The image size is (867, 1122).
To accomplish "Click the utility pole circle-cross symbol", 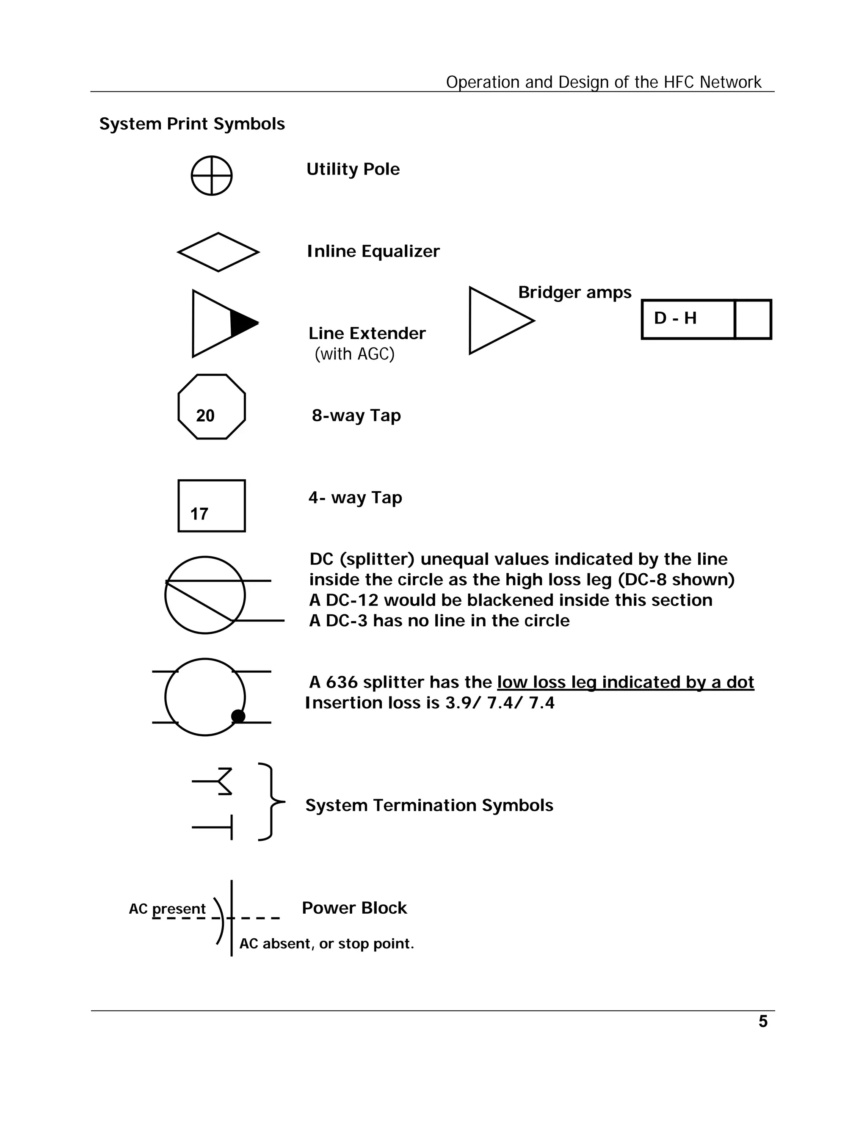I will tap(212, 176).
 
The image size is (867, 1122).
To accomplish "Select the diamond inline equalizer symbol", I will tap(218, 252).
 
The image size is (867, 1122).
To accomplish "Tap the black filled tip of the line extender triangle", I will tap(242, 323).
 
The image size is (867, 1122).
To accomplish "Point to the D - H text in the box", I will tap(675, 318).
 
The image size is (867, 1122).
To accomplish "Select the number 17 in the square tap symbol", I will tap(199, 514).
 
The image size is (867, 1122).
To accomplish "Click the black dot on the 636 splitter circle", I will tap(238, 716).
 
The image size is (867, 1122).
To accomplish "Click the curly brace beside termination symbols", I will tap(270, 801).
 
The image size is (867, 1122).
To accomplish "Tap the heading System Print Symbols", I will tap(192, 124).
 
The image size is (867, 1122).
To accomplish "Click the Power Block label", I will tap(354, 908).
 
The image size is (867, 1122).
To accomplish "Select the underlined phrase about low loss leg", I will tap(625, 682).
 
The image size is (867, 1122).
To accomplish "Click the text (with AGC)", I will tap(354, 354).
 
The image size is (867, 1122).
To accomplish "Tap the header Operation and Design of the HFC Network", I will tap(604, 82).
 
